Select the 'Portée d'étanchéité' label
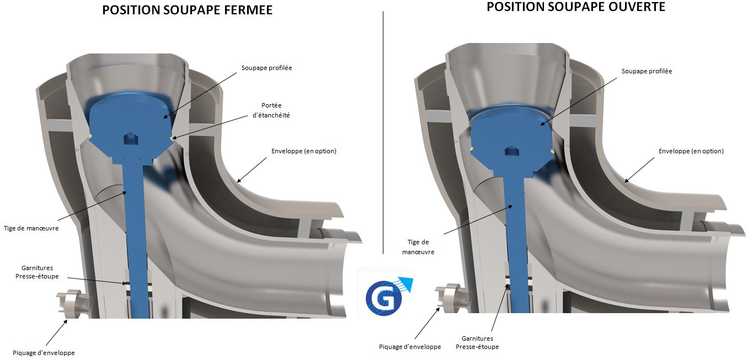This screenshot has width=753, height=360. coord(271,110)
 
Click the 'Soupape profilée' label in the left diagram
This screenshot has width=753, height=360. coord(266,68)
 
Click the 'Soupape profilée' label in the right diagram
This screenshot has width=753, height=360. coord(647,71)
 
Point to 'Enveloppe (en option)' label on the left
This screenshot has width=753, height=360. coord(304,151)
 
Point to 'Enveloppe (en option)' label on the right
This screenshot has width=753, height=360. coord(691,151)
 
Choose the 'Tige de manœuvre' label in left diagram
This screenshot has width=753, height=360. coord(31,228)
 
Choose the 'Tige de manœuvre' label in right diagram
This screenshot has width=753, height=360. coord(418,247)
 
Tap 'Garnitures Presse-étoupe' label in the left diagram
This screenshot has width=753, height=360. coord(37,272)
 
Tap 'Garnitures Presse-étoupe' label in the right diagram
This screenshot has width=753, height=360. coord(477,342)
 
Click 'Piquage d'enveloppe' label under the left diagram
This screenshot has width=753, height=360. coord(44,353)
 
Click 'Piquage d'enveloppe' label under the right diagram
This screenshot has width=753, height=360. coord(410,347)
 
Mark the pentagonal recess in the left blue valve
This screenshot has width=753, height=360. coord(131,138)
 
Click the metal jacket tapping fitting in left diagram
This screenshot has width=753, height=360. coord(72,304)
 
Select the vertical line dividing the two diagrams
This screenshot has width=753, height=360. coord(383,132)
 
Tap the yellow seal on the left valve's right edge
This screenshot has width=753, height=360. coord(172,138)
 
